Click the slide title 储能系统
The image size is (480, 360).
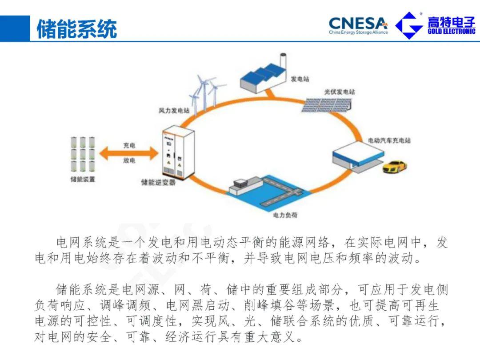click(x=76, y=29)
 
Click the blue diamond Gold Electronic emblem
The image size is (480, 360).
click(x=409, y=25)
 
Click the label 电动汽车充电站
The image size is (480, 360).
click(x=389, y=140)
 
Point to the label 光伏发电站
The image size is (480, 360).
click(x=340, y=92)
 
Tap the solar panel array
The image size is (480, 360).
click(x=329, y=105)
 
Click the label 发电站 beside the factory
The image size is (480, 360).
click(x=300, y=79)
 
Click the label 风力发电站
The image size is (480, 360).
click(x=174, y=110)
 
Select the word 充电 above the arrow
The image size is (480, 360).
click(x=129, y=145)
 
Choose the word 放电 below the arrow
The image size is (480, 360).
click(x=129, y=161)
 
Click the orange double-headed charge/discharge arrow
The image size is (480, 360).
click(x=128, y=153)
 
